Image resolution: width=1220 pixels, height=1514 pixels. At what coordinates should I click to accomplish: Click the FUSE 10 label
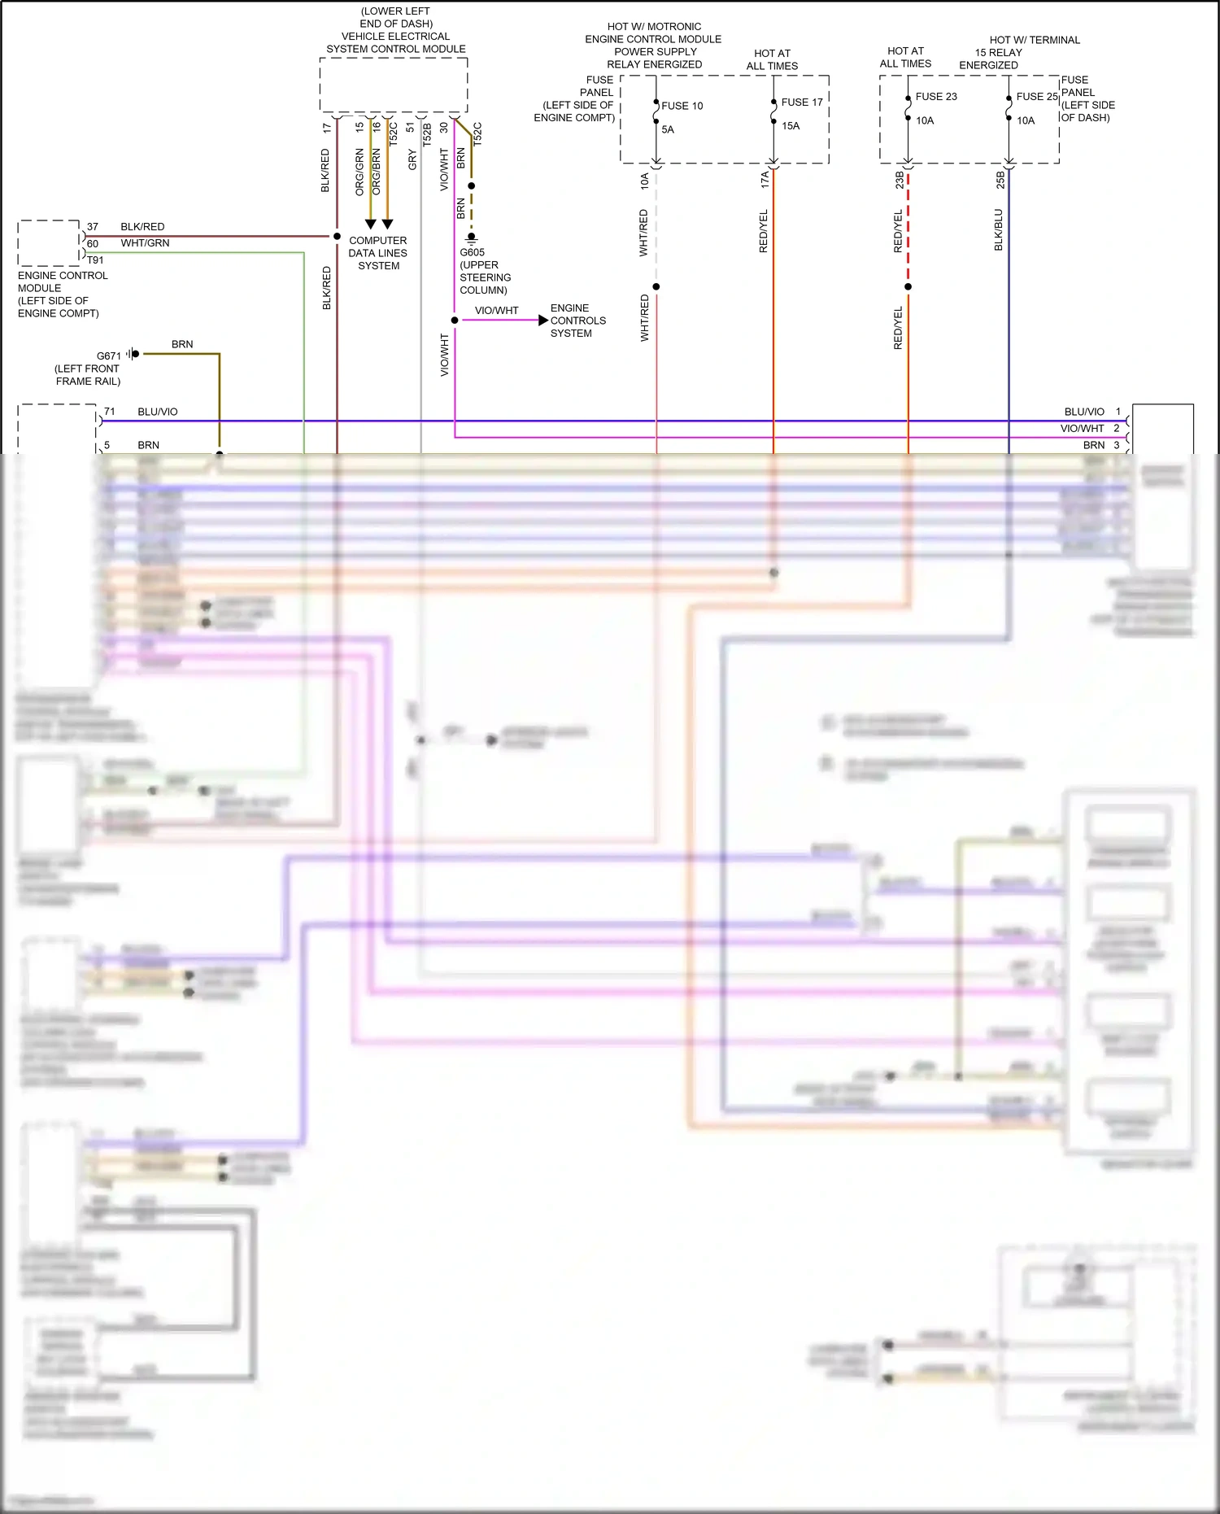[682, 106]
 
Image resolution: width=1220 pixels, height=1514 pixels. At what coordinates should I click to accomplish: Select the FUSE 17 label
[801, 103]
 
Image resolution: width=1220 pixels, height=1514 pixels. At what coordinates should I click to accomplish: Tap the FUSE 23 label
[935, 97]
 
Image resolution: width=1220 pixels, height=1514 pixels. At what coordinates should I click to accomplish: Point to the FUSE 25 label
[1036, 97]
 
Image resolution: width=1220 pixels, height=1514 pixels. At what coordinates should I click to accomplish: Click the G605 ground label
[472, 252]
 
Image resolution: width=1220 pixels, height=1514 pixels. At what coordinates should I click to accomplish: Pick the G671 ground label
[108, 356]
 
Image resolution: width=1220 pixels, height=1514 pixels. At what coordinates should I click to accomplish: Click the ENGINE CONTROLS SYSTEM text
[577, 321]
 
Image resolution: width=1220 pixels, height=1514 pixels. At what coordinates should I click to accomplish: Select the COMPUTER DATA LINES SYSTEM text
[378, 253]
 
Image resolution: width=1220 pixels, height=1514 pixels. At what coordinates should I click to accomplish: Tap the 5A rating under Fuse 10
[668, 129]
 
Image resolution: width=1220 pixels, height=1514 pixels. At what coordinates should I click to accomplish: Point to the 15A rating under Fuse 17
[791, 126]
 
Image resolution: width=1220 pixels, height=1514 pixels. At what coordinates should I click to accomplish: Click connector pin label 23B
[899, 180]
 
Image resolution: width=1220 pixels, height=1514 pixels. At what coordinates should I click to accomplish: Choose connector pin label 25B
[1000, 180]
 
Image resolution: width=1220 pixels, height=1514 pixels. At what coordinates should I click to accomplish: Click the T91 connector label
[95, 260]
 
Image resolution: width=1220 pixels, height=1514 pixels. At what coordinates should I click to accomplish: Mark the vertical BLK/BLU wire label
[998, 229]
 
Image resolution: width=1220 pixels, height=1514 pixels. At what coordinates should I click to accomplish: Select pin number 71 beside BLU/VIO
[109, 412]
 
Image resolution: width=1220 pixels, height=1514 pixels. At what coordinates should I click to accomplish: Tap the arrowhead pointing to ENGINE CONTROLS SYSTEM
[543, 321]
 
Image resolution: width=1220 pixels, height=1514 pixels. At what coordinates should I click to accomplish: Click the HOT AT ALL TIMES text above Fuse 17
[772, 59]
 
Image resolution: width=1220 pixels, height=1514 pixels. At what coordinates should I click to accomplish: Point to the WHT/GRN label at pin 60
[145, 243]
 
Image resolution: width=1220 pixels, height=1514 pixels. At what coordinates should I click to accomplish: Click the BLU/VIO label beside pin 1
[1083, 412]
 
